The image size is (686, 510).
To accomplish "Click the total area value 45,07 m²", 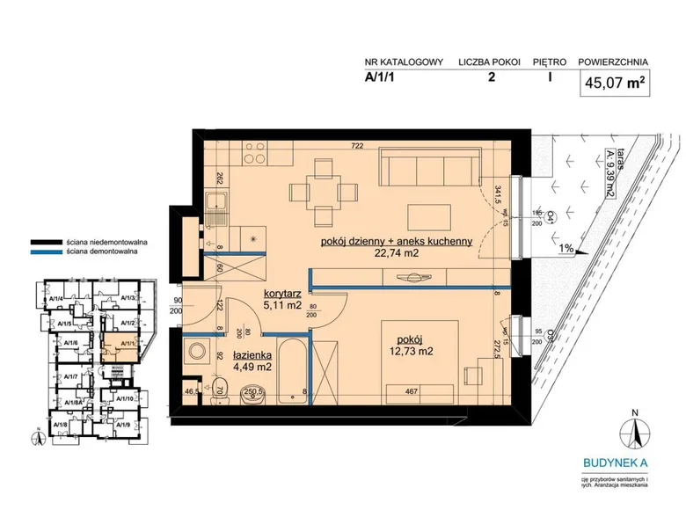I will [614, 84].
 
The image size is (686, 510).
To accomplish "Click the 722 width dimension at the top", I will [357, 146].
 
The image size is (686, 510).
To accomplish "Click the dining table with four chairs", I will [325, 190].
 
